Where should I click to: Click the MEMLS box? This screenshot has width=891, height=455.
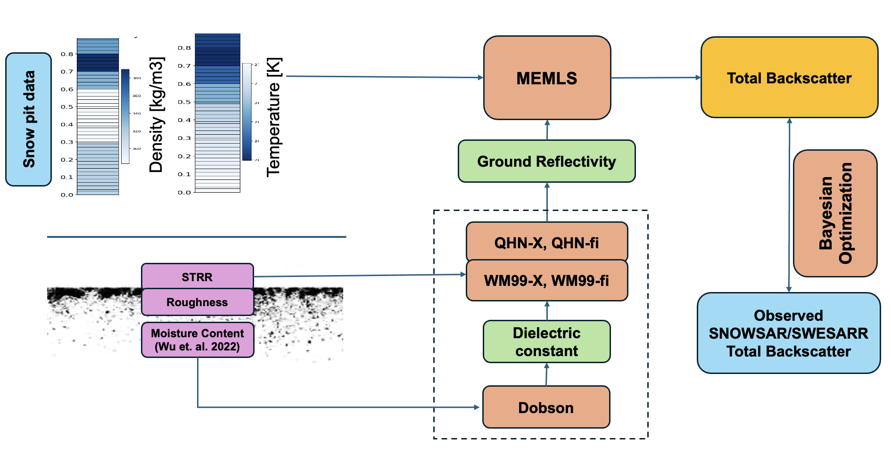[547, 78]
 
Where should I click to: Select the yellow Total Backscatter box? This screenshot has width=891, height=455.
[789, 78]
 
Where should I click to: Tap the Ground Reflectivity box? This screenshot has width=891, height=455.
[546, 162]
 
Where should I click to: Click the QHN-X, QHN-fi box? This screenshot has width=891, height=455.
[546, 242]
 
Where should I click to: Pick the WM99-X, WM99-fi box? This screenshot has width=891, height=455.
[546, 281]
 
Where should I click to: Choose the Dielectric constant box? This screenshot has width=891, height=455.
[546, 342]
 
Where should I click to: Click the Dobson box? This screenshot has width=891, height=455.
[546, 407]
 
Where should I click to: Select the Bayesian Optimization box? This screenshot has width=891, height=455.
[835, 213]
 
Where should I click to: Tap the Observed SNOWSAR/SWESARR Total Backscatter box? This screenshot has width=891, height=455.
[788, 333]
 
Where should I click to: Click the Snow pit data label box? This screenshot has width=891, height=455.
[28, 119]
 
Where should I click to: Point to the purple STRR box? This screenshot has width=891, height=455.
[197, 276]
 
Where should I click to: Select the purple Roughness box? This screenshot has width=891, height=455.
[197, 302]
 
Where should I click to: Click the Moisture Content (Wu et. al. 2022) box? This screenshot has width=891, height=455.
[197, 340]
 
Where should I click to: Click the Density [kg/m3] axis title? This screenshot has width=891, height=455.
[157, 114]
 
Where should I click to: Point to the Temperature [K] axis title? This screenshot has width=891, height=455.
[274, 117]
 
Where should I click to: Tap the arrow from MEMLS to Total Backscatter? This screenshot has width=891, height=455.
[655, 78]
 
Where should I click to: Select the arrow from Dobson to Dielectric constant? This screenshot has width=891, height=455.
[546, 374]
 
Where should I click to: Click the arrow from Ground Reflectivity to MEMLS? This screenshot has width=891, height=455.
[547, 130]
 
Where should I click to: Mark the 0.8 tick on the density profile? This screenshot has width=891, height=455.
[67, 54]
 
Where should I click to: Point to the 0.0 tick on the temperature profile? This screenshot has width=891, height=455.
[184, 192]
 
